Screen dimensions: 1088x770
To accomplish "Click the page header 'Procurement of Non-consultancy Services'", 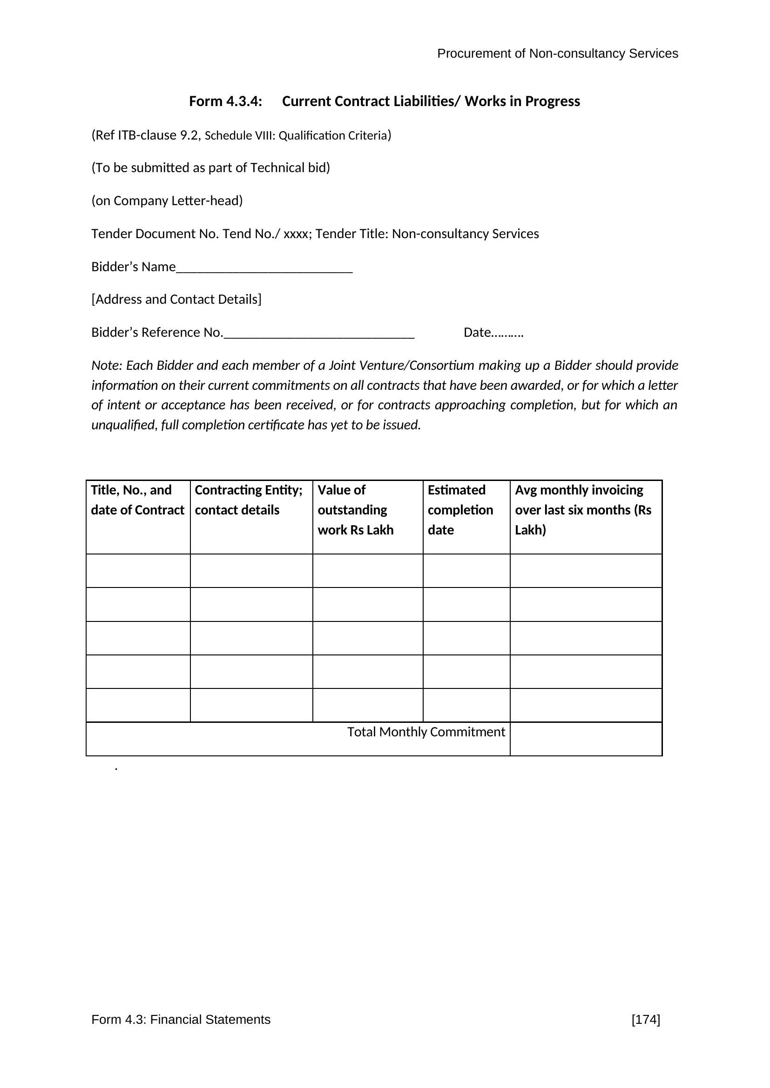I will coord(557,53).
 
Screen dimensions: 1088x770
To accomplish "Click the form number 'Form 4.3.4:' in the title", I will coord(225,101).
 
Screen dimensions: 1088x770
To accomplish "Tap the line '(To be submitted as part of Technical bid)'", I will coord(210,168).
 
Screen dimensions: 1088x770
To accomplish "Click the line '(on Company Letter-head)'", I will coord(167,201).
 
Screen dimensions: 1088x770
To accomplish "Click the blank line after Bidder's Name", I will coord(264,268).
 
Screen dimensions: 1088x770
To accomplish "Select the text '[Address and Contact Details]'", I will coord(176,300).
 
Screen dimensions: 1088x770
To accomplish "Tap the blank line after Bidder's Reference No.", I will coord(319,334).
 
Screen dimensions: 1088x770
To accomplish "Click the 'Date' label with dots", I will coord(493,333).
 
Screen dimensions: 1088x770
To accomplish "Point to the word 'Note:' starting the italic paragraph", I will coord(107,365).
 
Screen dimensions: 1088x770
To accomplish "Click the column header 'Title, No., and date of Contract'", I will coord(137,500).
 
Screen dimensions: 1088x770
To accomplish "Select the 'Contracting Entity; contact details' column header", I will coord(249,500).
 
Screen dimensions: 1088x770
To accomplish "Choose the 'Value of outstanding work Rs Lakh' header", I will coord(355,510).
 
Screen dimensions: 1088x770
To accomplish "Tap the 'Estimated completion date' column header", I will coord(460,510).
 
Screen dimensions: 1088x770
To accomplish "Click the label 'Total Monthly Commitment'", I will coord(426,732).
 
